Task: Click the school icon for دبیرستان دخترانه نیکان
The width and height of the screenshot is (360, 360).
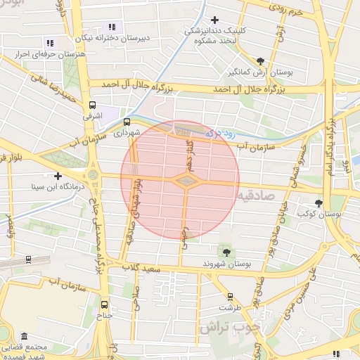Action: (x=112, y=27)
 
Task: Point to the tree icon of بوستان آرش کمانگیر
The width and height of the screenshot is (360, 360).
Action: (x=261, y=61)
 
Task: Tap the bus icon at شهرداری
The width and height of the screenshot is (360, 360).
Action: (x=126, y=121)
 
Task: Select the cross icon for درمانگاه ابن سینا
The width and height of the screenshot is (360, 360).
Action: (x=58, y=176)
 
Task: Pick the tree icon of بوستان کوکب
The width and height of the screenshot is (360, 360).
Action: (x=320, y=202)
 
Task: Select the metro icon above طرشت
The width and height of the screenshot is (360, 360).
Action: (x=229, y=297)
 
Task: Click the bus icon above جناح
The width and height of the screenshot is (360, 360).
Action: (x=105, y=304)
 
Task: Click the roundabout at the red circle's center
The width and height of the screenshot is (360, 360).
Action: (x=186, y=182)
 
